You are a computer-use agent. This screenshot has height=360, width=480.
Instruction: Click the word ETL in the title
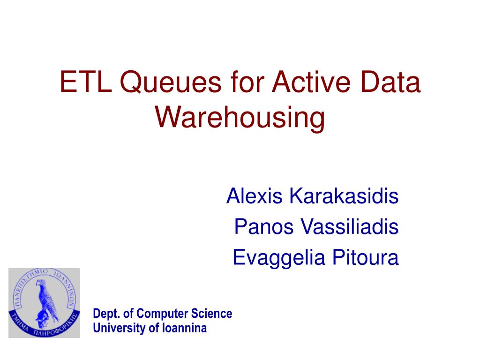pos(86,82)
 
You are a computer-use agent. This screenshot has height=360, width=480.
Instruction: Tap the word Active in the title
pos(311,82)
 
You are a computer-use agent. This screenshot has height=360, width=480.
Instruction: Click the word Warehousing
pos(240,118)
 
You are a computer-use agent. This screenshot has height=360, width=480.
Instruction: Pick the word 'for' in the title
pos(247,82)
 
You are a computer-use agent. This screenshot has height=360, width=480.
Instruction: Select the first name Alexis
pos(255,196)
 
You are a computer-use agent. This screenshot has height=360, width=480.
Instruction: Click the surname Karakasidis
pos(344,196)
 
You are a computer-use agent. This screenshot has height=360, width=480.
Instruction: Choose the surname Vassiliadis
pos(349,227)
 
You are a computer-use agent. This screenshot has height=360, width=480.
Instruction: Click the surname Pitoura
pos(366,257)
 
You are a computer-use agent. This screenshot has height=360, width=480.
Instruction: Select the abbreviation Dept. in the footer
pos(106,314)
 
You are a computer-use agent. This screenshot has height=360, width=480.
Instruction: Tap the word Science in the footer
pos(211,314)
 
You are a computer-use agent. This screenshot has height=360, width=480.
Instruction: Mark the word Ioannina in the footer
pos(184,328)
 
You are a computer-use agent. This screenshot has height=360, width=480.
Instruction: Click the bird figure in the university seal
pos(46,301)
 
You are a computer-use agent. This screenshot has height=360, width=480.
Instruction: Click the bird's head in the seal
pos(40,283)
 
